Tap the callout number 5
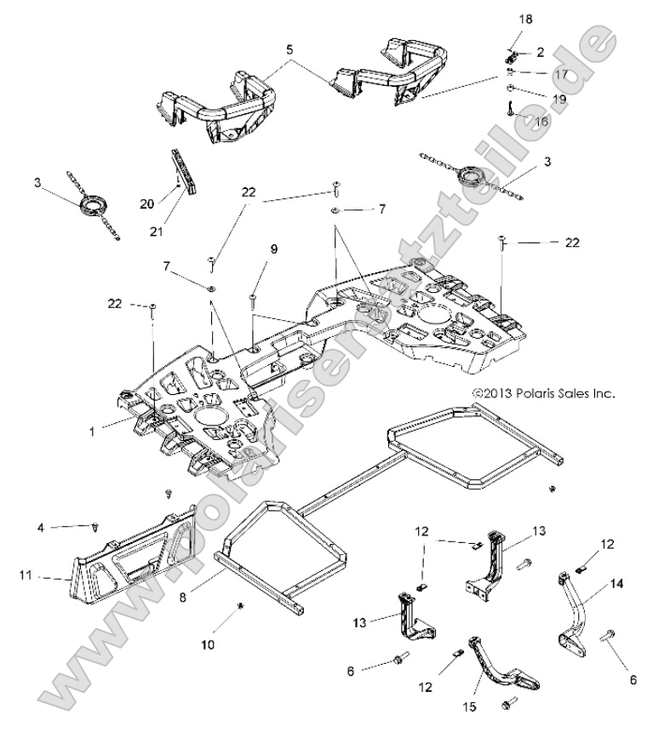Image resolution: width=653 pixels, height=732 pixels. point(289,50)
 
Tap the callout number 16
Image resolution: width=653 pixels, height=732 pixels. point(541,122)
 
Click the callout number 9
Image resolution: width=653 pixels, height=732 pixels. point(274,249)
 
